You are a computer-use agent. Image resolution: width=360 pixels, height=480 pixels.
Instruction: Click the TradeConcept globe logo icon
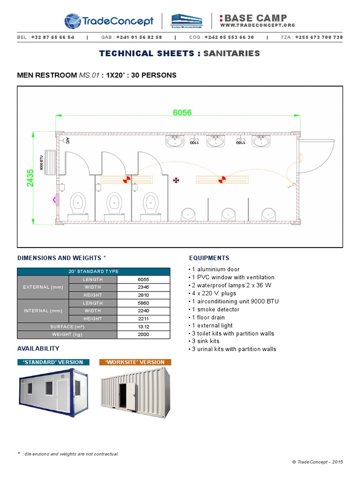73,21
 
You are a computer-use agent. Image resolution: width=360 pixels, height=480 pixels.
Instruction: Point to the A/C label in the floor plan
67,140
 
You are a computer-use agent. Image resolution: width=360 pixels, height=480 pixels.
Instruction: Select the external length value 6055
143,279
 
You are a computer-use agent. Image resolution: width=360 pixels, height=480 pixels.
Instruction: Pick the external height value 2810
143,295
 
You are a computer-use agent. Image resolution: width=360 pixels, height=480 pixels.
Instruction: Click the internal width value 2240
143,311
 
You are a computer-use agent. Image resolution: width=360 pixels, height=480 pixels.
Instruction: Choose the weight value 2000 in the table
143,334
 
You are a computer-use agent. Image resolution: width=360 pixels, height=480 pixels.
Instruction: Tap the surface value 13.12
143,327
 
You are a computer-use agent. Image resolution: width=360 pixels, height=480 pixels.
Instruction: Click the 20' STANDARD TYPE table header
93,271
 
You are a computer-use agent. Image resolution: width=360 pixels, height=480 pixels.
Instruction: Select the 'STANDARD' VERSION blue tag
50,362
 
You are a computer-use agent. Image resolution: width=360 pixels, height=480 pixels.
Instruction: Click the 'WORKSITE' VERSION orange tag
135,362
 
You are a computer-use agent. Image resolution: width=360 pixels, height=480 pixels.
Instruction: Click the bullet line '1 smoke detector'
214,309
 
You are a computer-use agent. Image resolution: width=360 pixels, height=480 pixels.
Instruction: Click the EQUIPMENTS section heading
209,258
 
